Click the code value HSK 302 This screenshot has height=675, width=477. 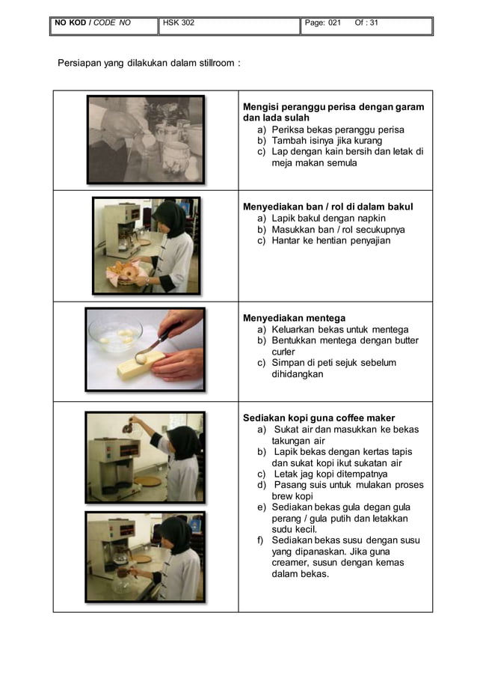(x=179, y=22)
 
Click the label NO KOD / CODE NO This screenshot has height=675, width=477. (x=92, y=22)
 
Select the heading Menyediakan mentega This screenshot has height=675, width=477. (x=295, y=318)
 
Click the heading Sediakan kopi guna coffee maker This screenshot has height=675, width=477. (x=319, y=418)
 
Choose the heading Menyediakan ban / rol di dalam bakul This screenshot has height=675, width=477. (x=328, y=207)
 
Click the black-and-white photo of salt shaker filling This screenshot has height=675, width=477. (x=145, y=139)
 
